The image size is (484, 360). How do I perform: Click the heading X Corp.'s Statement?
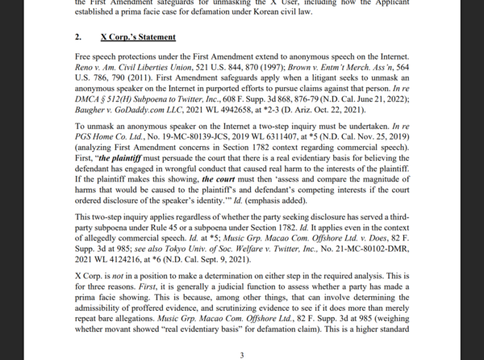(138, 37)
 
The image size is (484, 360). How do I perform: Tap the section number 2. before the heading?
(78, 37)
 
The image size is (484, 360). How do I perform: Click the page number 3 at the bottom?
(241, 354)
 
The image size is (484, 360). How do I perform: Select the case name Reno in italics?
(84, 69)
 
